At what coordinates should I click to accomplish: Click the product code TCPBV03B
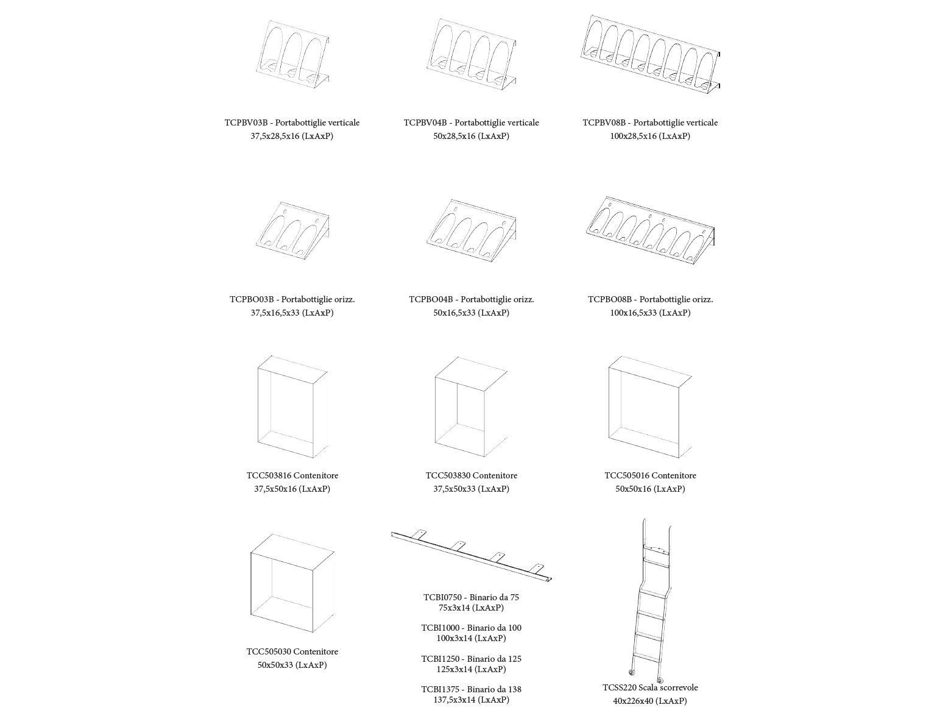click(x=246, y=122)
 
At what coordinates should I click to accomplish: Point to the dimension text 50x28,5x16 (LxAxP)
click(x=471, y=136)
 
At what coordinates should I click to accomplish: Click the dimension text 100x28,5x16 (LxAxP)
click(x=650, y=136)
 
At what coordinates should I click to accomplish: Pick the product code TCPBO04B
click(x=431, y=299)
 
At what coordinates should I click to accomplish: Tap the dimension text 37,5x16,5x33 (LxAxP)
click(x=292, y=313)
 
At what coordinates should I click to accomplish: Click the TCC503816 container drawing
click(x=292, y=407)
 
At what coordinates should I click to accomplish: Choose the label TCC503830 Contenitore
click(x=471, y=475)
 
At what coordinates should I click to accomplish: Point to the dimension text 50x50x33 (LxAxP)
click(x=292, y=665)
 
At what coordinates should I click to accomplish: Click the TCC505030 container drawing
click(x=292, y=584)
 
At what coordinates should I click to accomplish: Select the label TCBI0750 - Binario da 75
click(x=471, y=597)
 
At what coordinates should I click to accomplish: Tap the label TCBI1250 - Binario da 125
click(x=471, y=659)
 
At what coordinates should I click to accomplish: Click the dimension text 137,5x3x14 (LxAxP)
click(x=471, y=700)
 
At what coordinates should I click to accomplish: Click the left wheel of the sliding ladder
click(x=631, y=673)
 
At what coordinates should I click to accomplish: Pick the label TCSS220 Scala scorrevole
click(x=650, y=687)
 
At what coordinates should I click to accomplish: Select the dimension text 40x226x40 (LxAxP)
click(x=650, y=701)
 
